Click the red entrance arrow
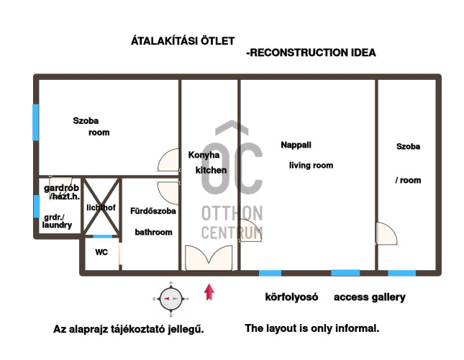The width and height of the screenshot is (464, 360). (x=209, y=292)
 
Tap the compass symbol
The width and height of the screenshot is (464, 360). (x=171, y=299)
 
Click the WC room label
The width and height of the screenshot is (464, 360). (x=101, y=252)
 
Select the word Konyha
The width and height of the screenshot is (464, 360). (x=204, y=155)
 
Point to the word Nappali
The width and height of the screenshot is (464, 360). (x=296, y=145)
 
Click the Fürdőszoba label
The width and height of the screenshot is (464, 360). (x=153, y=211)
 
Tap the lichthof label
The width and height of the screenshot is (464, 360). (x=101, y=207)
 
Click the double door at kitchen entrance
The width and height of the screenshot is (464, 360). (x=209, y=258)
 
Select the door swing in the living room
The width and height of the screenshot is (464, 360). (x=250, y=230)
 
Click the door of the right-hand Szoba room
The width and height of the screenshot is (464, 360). (x=386, y=233)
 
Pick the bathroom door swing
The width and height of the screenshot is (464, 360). (x=168, y=193)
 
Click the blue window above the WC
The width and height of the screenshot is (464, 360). (x=103, y=236)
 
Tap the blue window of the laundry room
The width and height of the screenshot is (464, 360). (x=36, y=206)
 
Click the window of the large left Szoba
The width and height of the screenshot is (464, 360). (x=35, y=122)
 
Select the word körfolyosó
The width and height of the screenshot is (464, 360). (x=291, y=297)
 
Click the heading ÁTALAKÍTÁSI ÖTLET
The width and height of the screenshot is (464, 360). (x=183, y=40)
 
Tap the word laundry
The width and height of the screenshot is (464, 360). (x=57, y=225)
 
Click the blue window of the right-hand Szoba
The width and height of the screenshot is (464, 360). (x=401, y=273)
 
